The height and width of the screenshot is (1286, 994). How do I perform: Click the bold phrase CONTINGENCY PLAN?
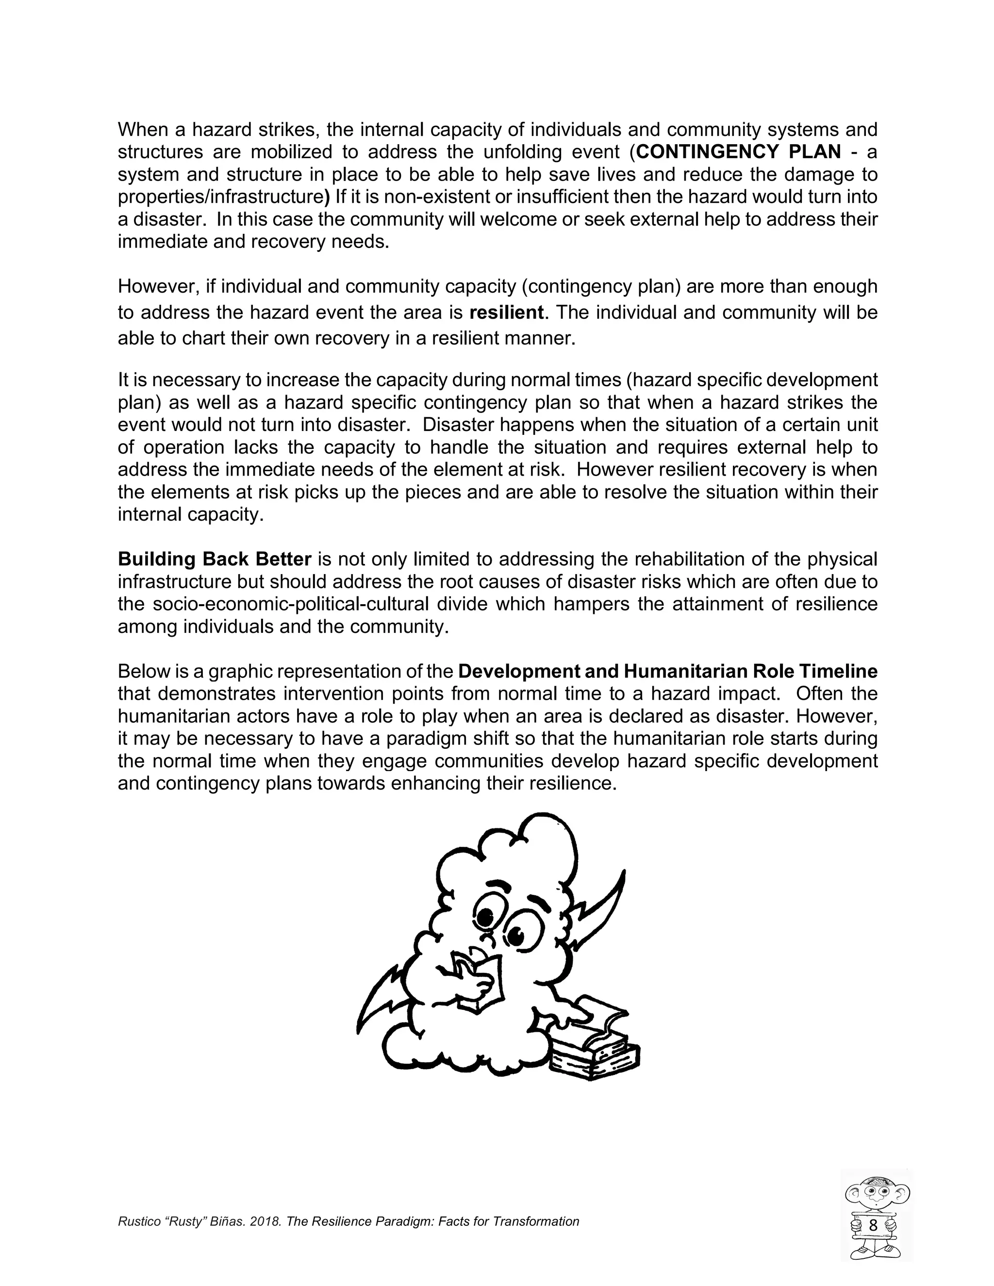point(738,152)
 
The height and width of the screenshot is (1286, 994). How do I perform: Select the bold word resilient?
point(506,312)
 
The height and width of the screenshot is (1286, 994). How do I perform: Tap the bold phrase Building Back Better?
point(215,559)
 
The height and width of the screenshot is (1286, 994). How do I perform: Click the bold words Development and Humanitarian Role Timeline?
point(667,671)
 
